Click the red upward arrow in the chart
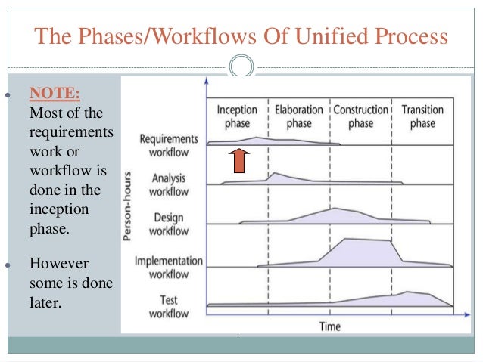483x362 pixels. click(x=238, y=160)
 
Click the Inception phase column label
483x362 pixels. click(x=237, y=116)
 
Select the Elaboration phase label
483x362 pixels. click(x=298, y=116)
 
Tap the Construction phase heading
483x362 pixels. click(x=360, y=116)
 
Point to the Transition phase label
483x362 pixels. click(x=422, y=116)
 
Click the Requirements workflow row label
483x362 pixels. click(x=169, y=146)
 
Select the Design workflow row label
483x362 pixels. click(x=168, y=224)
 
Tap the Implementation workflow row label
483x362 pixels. click(x=168, y=267)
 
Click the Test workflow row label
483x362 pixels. click(x=168, y=306)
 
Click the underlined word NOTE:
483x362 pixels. click(x=55, y=94)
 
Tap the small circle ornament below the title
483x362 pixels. click(x=241, y=67)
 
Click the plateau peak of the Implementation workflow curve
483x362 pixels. click(x=367, y=240)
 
